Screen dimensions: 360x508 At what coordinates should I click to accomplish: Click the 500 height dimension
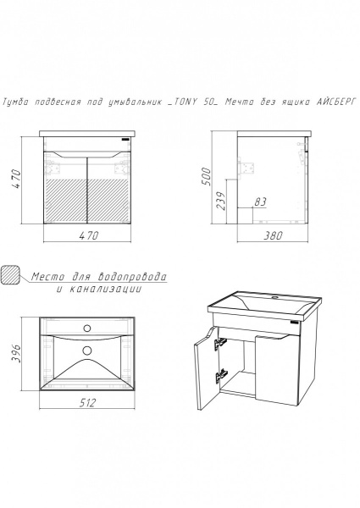pyautogui.click(x=207, y=176)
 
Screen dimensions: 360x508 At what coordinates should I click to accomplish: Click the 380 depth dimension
pyautogui.click(x=273, y=235)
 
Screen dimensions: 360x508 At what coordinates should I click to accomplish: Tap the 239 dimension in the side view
pyautogui.click(x=220, y=201)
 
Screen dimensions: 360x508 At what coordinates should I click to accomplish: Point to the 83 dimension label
pyautogui.click(x=260, y=202)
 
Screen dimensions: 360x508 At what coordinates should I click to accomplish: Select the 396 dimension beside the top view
pyautogui.click(x=16, y=354)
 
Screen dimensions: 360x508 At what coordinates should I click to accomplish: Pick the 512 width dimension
pyautogui.click(x=87, y=403)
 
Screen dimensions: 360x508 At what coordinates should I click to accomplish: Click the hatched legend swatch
pyautogui.click(x=11, y=274)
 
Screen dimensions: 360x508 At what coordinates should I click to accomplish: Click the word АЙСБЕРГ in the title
pyautogui.click(x=336, y=102)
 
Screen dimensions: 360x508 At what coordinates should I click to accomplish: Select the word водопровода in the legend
pyautogui.click(x=132, y=277)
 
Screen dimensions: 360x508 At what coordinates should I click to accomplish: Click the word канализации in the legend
pyautogui.click(x=106, y=289)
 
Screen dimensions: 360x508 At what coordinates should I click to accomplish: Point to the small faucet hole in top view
pyautogui.click(x=87, y=329)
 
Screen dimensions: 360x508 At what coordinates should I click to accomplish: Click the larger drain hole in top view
pyautogui.click(x=87, y=350)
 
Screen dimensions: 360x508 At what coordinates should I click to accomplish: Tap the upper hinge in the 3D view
pyautogui.click(x=220, y=343)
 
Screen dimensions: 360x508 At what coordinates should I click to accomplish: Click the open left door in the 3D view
pyautogui.click(x=207, y=368)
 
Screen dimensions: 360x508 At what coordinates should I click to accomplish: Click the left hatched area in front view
pyautogui.click(x=66, y=200)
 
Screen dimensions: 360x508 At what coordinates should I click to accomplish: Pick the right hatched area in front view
pyautogui.click(x=108, y=200)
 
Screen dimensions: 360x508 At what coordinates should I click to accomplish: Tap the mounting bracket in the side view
pyautogui.click(x=246, y=168)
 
